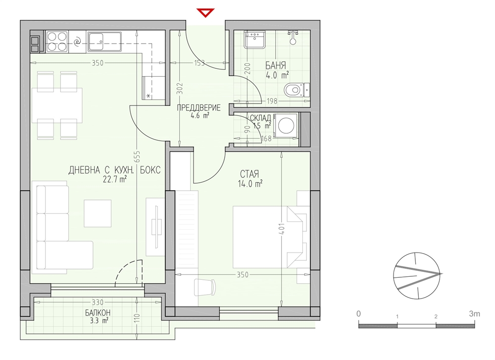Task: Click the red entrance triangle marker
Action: point(205,13)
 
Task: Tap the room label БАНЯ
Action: point(276,66)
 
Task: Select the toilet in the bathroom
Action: point(297,90)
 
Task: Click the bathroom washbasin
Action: point(254,40)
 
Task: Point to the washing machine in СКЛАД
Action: point(286,126)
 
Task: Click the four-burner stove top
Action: point(57,42)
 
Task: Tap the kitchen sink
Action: point(104,42)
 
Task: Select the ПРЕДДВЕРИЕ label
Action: point(198,107)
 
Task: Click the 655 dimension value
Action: point(137,156)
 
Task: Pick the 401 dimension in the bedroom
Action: point(282,229)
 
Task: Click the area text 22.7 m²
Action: point(115,179)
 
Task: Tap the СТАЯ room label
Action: point(249,174)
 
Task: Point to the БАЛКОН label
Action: point(98,312)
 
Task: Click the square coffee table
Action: point(98,213)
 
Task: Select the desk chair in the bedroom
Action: point(204,287)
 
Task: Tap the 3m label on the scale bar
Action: point(475,313)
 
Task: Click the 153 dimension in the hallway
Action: point(199,63)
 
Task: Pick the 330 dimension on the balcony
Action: point(98,302)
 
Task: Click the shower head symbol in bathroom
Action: point(293,36)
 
